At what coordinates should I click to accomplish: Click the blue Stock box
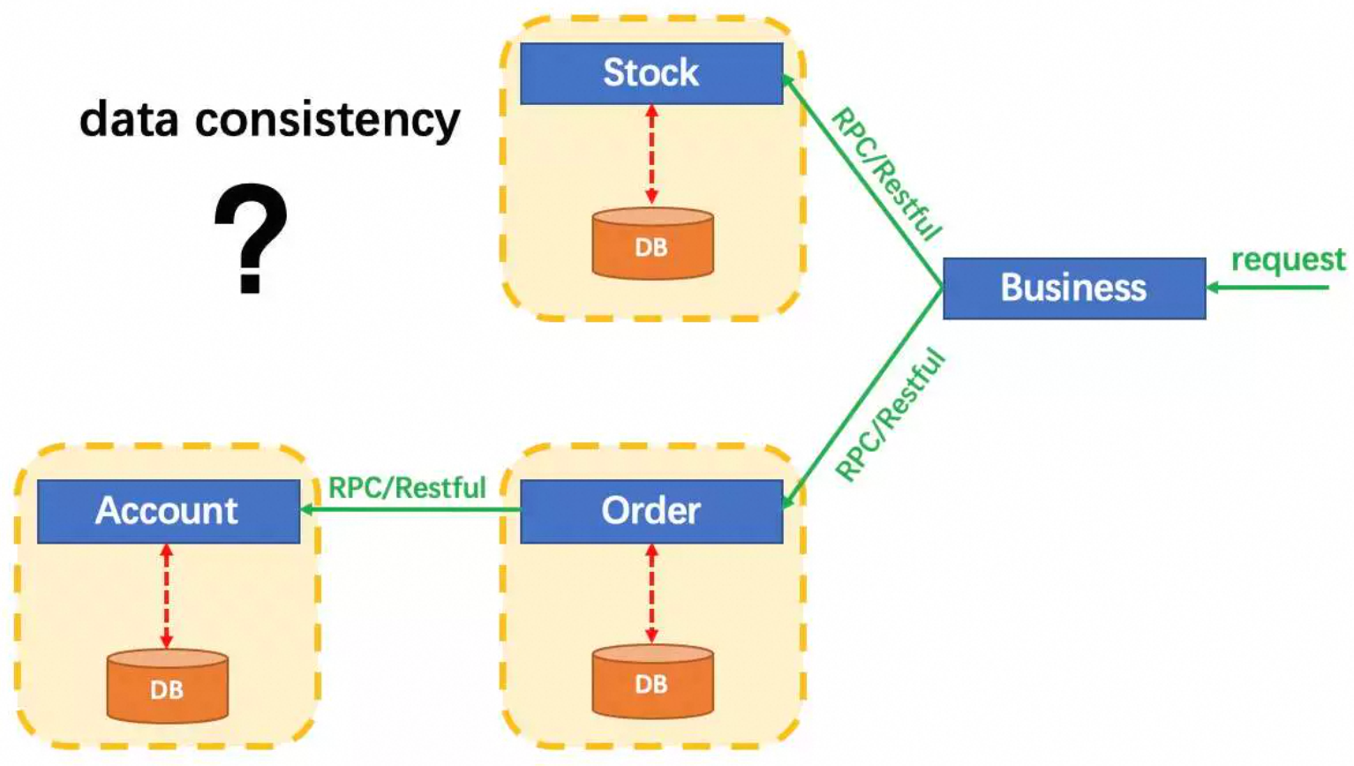(651, 73)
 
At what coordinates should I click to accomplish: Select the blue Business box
(1073, 288)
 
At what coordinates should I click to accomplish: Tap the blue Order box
(651, 511)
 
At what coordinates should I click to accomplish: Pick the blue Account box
(168, 511)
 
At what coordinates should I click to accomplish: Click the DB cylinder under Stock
(652, 244)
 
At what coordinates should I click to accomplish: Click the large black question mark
(251, 237)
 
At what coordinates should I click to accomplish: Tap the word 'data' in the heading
(129, 119)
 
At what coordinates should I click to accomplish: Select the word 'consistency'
(327, 121)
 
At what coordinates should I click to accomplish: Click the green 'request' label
(1288, 259)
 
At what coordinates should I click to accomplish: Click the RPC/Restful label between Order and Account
(407, 488)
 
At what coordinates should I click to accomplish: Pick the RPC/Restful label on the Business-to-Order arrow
(890, 415)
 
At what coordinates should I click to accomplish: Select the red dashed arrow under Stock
(651, 155)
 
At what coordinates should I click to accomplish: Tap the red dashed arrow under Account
(167, 597)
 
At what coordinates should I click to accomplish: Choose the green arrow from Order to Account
(410, 510)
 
